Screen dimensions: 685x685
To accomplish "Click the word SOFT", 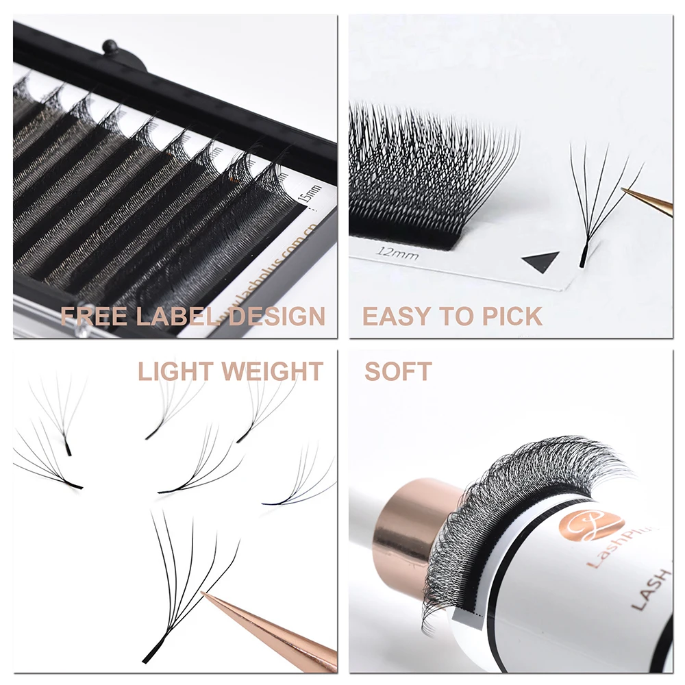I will coord(398,372).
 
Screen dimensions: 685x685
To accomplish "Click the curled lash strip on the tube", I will coord(507,493).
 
